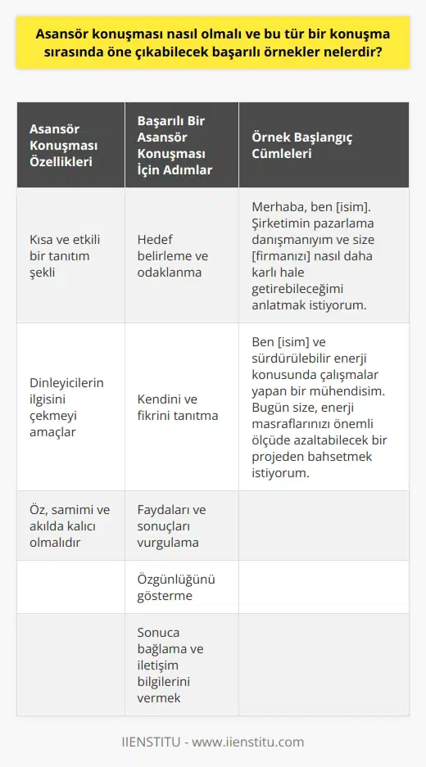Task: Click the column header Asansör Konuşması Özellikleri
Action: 62,145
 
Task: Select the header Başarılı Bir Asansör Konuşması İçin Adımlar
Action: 175,145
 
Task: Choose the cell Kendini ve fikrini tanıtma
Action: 177,407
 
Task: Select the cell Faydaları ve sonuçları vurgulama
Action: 171,526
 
